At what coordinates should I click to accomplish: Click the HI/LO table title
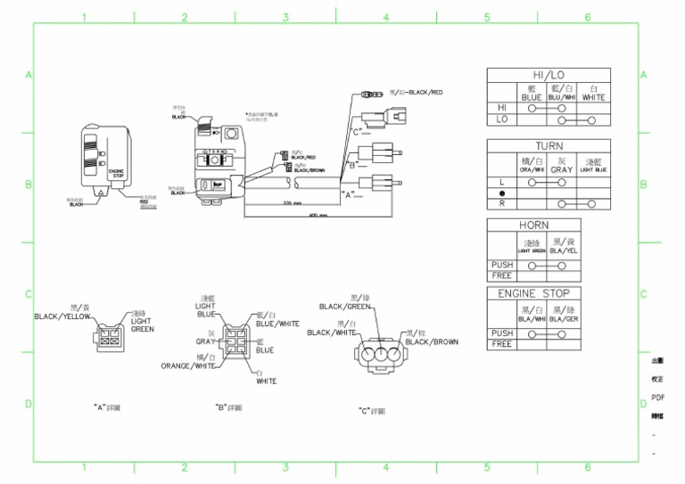[x=549, y=76]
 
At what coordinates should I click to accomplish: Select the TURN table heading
[x=549, y=145]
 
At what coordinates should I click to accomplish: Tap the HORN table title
[x=533, y=225]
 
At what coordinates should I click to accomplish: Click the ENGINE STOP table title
[x=533, y=293]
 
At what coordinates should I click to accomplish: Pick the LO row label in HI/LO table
[x=501, y=119]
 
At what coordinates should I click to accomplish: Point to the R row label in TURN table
[x=501, y=203]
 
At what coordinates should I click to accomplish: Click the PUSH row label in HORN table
[x=501, y=265]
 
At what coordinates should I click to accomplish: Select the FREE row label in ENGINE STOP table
[x=501, y=344]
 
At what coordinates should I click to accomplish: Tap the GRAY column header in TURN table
[x=561, y=165]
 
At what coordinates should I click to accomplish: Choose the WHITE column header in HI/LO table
[x=593, y=94]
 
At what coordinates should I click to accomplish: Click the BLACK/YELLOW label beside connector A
[x=62, y=316]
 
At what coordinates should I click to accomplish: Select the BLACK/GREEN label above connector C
[x=346, y=306]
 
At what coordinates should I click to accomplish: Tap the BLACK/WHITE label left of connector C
[x=332, y=332]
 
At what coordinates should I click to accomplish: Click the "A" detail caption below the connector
[x=107, y=406]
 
